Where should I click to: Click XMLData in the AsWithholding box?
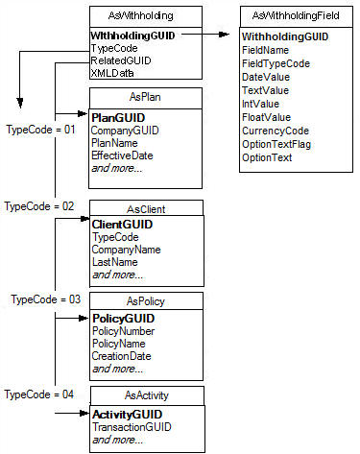(x=112, y=71)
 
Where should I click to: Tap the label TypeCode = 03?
(x=45, y=299)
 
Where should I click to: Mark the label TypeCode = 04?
(x=39, y=394)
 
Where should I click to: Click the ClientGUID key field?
(x=120, y=224)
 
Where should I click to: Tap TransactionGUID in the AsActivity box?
(x=132, y=426)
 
